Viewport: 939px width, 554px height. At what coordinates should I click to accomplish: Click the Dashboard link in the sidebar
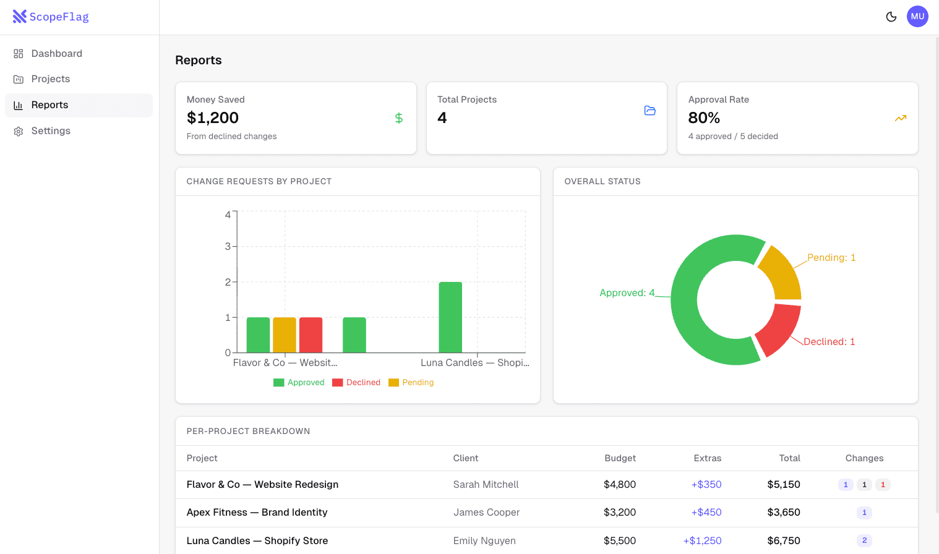[x=56, y=54]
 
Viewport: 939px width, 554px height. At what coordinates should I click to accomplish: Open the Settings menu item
[x=51, y=131]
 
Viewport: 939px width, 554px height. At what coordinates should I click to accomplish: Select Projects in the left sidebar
[x=50, y=79]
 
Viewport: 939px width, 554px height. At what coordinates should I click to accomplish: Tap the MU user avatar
[x=917, y=17]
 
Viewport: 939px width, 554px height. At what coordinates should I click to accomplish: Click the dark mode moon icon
[x=891, y=17]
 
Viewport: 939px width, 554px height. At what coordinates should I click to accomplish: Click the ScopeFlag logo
[x=51, y=17]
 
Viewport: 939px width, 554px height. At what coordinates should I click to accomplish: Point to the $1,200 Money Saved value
[x=213, y=117]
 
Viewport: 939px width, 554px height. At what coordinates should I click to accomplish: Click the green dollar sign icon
[x=399, y=118]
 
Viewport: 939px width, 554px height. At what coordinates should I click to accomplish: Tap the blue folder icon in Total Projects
[x=650, y=111]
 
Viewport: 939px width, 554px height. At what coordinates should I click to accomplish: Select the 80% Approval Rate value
[x=704, y=117]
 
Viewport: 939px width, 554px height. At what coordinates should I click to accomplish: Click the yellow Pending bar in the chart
[x=285, y=335]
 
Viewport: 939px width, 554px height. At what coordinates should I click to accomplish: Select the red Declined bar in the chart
[x=311, y=335]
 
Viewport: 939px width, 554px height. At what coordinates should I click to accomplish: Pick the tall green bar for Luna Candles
[x=450, y=317]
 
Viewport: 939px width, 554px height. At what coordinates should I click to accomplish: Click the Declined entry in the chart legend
[x=356, y=383]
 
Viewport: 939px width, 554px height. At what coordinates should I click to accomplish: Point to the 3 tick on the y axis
[x=228, y=246]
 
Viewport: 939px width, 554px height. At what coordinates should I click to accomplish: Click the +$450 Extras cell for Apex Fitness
[x=706, y=513]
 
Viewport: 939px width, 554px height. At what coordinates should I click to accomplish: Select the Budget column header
[x=620, y=458]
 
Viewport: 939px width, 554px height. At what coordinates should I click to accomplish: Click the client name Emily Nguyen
[x=484, y=541]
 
